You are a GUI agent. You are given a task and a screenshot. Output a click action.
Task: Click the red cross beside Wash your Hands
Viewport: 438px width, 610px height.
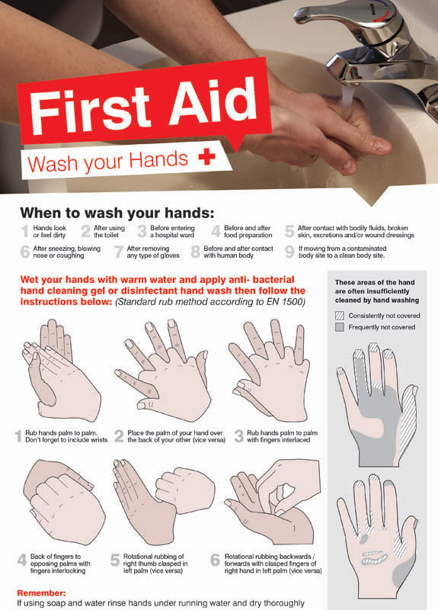[x=206, y=157]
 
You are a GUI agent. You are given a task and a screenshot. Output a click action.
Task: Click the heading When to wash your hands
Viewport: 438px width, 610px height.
[x=117, y=213]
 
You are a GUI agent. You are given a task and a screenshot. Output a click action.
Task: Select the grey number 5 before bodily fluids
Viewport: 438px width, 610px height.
[x=289, y=232]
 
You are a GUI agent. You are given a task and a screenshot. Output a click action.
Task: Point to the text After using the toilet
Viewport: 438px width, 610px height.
[x=109, y=232]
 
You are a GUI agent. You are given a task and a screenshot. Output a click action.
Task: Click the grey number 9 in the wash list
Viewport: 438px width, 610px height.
[x=289, y=252]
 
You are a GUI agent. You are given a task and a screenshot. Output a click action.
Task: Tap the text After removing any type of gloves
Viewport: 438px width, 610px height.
[x=153, y=252]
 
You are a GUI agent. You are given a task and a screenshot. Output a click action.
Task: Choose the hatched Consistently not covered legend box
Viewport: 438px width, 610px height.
[x=339, y=316]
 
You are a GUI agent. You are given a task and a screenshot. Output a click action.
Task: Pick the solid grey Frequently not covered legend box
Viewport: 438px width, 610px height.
[x=339, y=327]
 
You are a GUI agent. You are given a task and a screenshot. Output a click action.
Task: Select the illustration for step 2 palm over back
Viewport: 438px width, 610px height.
[x=162, y=371]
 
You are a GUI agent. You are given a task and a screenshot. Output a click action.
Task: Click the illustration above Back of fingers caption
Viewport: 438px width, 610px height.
[x=64, y=502]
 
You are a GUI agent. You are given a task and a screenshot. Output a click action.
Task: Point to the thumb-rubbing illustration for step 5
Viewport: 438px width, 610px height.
[x=164, y=502]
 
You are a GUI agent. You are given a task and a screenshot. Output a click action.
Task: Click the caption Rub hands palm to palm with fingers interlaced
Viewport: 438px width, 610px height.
[x=282, y=436]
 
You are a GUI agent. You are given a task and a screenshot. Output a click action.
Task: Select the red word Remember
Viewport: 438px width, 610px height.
[x=42, y=593]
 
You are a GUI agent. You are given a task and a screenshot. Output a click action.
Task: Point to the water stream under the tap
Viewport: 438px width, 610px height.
[x=347, y=98]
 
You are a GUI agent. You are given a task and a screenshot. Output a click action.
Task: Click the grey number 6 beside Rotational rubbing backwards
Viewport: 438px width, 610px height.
[x=215, y=560]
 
